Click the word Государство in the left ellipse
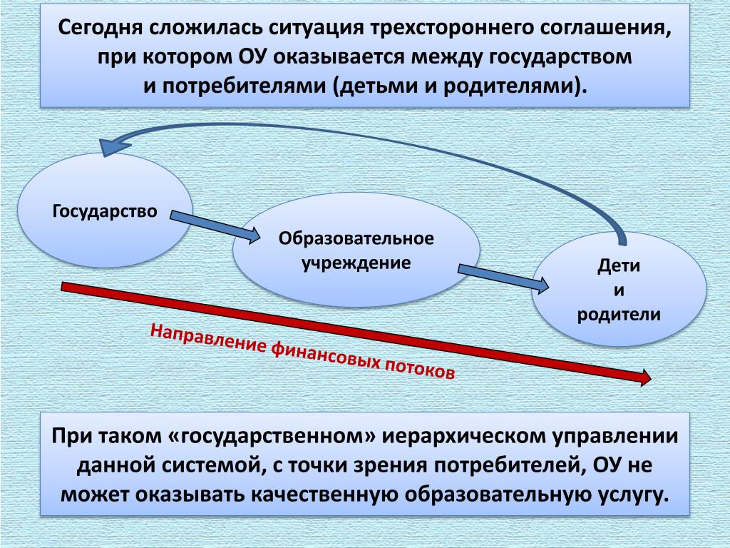105,212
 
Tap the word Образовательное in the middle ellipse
356,238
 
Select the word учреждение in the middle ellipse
356,262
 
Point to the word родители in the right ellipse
619,314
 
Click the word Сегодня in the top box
100,29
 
